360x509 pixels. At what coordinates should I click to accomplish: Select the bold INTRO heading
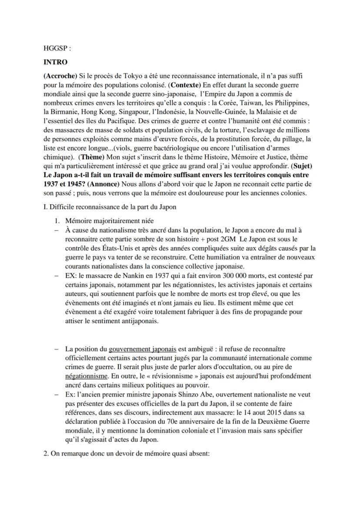click(55, 62)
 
